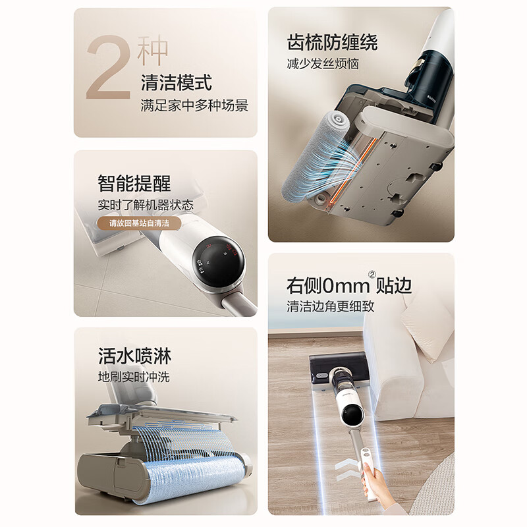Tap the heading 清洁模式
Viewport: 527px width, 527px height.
coord(177,83)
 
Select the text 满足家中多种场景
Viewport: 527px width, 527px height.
coord(194,105)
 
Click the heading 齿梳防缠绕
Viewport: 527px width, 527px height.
coord(332,42)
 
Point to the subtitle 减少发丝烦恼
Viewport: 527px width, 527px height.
coord(323,63)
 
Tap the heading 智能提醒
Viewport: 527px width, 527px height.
coord(134,183)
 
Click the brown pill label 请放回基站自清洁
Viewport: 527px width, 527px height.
coord(139,223)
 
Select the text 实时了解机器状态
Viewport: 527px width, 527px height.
coord(146,205)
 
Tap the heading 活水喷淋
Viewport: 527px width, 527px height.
coord(134,356)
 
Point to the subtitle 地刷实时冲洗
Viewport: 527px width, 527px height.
coord(134,377)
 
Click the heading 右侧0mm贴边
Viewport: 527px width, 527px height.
coord(349,285)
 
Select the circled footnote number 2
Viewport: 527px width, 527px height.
coord(372,275)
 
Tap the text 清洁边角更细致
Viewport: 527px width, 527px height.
coord(331,306)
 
